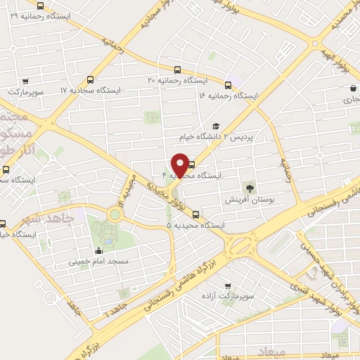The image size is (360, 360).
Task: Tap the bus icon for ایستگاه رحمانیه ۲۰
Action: (x=177, y=70)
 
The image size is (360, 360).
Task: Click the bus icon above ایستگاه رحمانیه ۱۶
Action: (x=228, y=84)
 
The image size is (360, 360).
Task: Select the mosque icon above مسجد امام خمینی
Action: (x=99, y=250)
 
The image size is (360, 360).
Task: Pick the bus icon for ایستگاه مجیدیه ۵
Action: (x=195, y=214)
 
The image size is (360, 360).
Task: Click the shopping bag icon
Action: (x=352, y=89)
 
